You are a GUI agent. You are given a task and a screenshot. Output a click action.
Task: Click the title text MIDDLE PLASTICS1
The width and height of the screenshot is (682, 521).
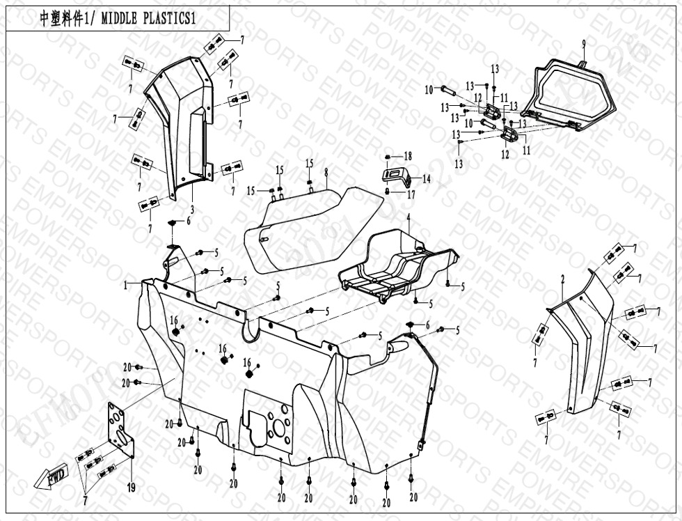148,19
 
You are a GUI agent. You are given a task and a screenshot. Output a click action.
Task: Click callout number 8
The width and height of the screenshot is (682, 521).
325,172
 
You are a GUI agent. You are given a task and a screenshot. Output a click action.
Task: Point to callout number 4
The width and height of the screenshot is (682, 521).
409,217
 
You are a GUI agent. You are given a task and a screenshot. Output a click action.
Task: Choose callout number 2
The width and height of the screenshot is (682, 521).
562,279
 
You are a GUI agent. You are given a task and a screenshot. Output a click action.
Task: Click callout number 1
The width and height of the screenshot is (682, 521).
126,284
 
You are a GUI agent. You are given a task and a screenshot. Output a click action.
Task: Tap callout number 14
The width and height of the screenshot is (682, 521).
426,179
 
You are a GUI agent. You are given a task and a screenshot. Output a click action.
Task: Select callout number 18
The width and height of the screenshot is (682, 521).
408,156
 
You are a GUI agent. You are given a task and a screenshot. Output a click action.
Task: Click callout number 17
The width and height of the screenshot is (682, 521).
411,195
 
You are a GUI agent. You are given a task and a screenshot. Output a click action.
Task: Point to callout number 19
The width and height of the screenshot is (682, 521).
131,487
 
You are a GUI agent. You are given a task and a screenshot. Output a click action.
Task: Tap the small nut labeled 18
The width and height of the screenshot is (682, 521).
389,156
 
